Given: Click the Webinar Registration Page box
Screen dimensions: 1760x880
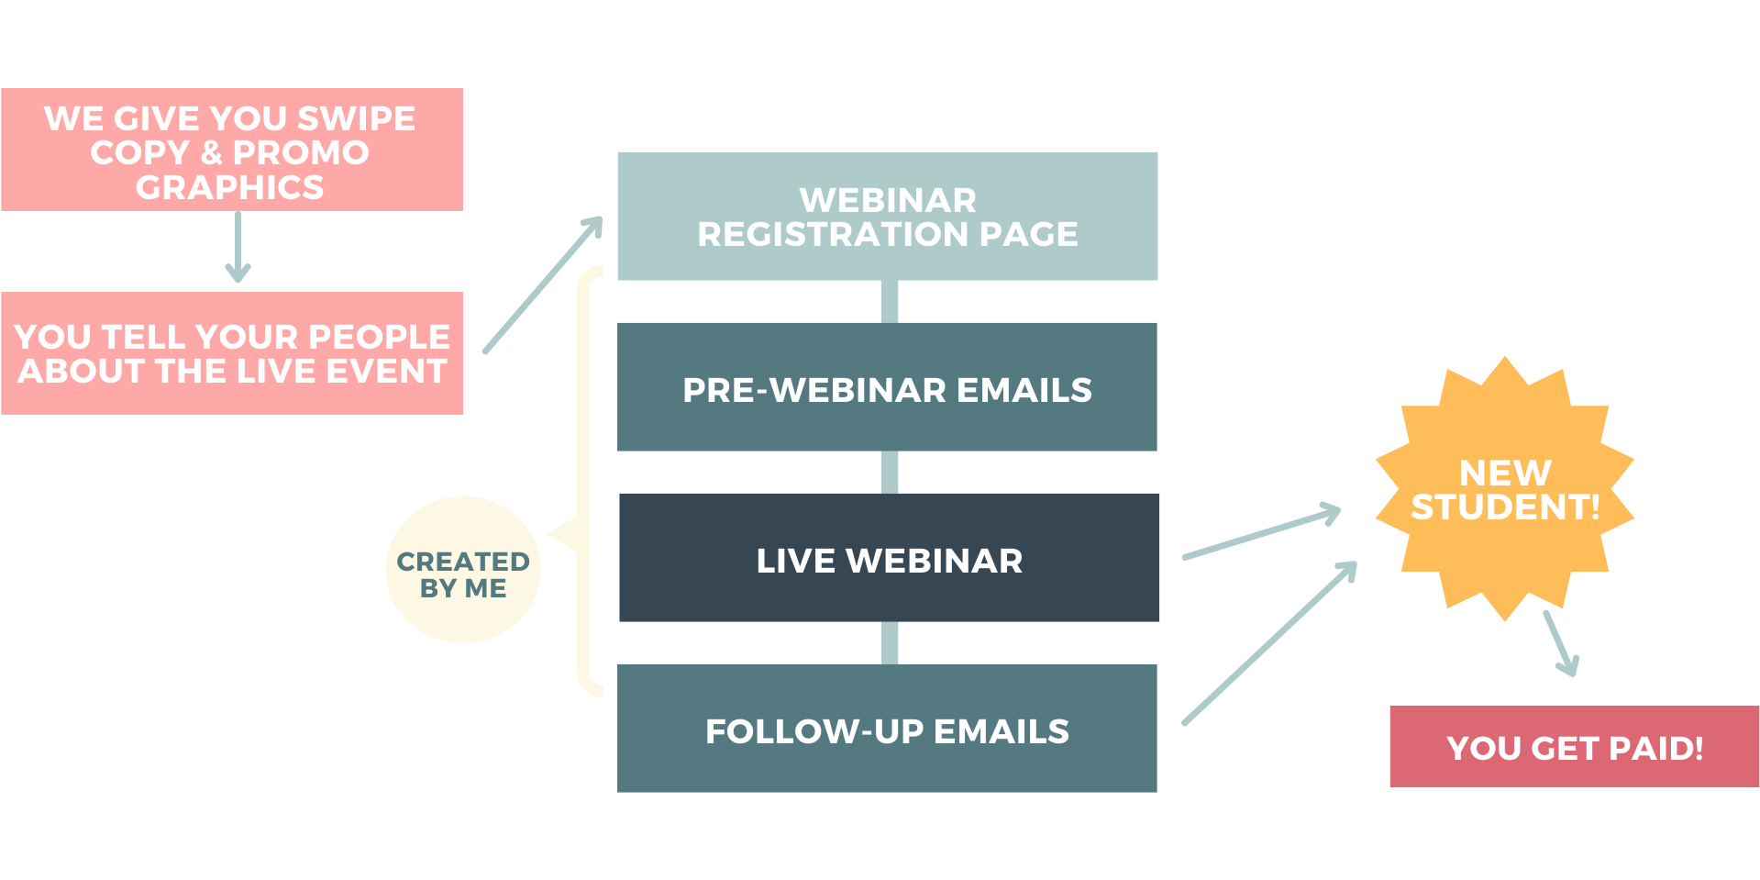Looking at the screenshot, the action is click(x=887, y=216).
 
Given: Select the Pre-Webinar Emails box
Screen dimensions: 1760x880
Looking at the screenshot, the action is click(x=887, y=386).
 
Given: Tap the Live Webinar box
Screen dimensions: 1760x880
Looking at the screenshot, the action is click(x=889, y=557).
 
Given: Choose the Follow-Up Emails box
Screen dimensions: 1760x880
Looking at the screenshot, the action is click(x=887, y=728).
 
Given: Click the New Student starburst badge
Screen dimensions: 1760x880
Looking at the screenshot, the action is click(x=1504, y=488).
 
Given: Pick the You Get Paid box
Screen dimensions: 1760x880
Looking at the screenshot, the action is click(x=1574, y=746).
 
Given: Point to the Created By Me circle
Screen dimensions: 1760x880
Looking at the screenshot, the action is click(x=463, y=570).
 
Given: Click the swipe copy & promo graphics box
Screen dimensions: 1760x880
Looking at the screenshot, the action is click(x=232, y=150).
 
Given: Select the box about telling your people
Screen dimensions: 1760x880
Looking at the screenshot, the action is click(x=232, y=353).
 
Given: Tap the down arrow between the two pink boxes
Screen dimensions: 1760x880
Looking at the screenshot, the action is click(x=238, y=246).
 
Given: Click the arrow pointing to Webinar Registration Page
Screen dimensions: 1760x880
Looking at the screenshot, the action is click(x=543, y=284).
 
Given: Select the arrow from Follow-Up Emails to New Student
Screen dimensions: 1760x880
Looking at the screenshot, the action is click(x=1269, y=643).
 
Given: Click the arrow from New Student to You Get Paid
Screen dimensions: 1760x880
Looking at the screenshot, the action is click(x=1561, y=643).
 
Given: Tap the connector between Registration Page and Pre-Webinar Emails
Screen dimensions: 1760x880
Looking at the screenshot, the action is click(x=889, y=301).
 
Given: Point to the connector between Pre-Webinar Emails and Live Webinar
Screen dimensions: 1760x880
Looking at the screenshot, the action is click(x=889, y=472).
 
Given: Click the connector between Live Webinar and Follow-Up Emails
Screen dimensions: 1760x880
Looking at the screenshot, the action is click(x=889, y=642).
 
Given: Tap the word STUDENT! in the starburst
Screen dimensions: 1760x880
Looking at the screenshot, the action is click(x=1505, y=507).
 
